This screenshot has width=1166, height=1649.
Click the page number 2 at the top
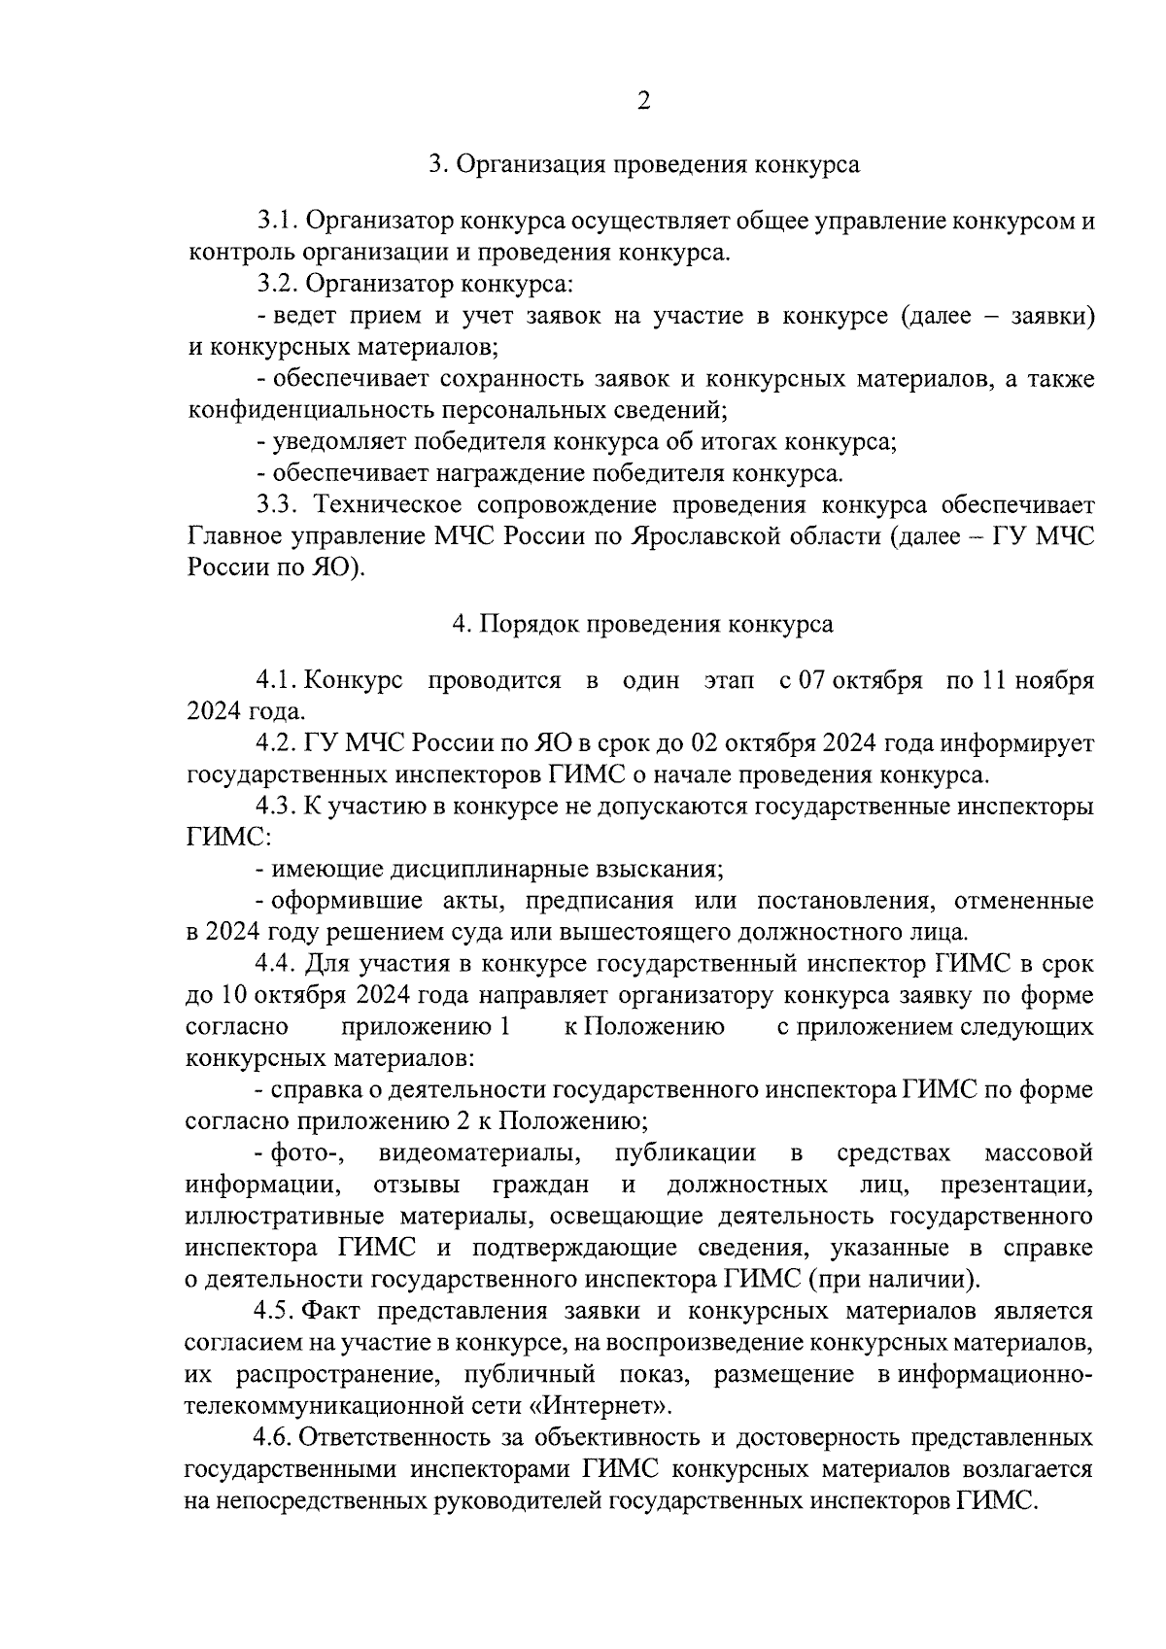tap(643, 101)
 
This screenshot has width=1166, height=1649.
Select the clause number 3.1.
tap(278, 222)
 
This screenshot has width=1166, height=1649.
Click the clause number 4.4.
tap(275, 964)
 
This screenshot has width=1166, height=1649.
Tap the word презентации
tap(1016, 1185)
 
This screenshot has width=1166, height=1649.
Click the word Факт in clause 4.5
tap(333, 1312)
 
